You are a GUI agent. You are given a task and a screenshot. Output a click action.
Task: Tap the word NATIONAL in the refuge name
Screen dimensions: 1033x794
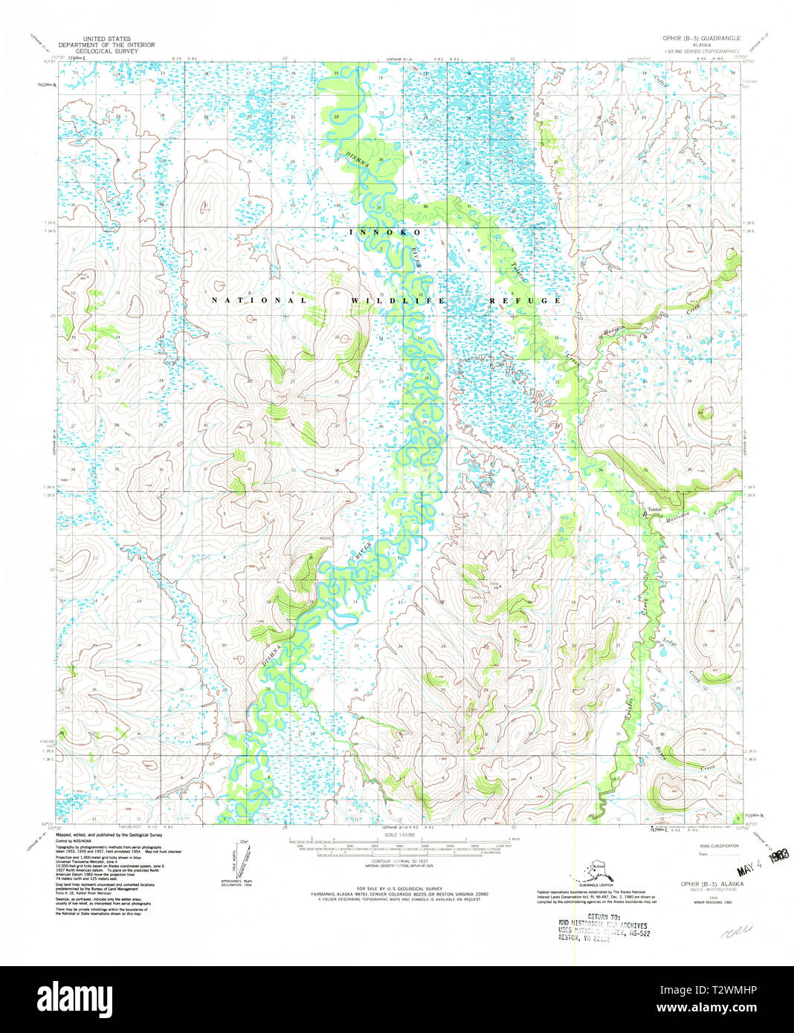click(x=258, y=300)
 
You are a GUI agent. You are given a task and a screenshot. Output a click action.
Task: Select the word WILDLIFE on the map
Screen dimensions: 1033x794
click(x=398, y=300)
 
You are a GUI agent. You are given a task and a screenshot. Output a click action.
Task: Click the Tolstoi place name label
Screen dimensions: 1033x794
click(x=654, y=509)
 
